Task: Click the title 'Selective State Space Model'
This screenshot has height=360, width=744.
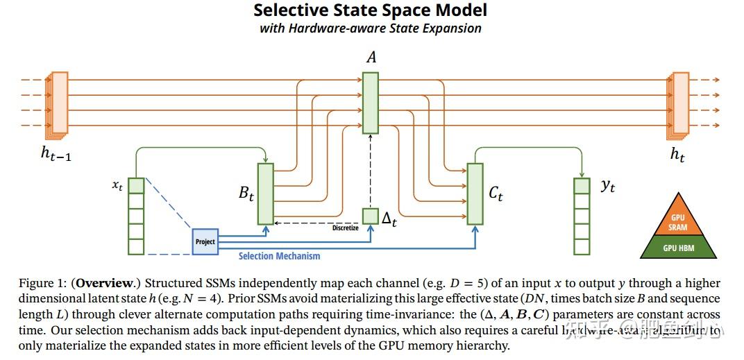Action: click(x=370, y=10)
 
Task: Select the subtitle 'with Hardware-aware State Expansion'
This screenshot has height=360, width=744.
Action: click(x=370, y=28)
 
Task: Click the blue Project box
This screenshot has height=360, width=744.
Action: click(x=205, y=241)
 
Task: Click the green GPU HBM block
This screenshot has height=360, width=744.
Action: click(x=677, y=248)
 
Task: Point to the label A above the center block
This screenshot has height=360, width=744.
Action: click(x=371, y=58)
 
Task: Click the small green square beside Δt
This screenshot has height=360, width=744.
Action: click(x=371, y=216)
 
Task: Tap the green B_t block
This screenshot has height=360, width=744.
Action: click(x=266, y=194)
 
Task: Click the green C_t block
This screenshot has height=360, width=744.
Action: click(x=475, y=194)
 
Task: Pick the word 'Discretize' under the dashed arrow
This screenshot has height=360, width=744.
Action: click(x=345, y=228)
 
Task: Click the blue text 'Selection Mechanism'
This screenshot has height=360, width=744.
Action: click(x=279, y=256)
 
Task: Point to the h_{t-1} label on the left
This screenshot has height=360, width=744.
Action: click(x=56, y=155)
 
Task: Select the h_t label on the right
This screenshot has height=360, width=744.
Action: click(x=677, y=155)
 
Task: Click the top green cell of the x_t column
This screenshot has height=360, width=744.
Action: click(x=136, y=186)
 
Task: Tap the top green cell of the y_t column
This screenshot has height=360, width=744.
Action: click(x=582, y=186)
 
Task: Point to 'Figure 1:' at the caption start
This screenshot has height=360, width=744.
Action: click(x=42, y=283)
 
